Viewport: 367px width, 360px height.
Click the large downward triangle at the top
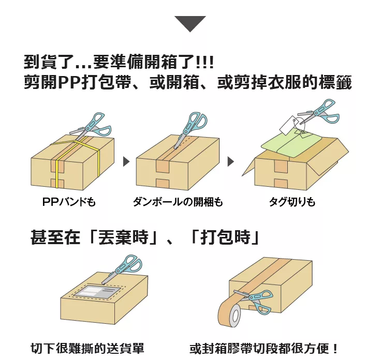[190, 23]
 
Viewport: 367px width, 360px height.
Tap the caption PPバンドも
[69, 202]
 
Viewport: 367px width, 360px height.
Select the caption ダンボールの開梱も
[178, 202]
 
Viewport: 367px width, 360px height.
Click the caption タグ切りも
[292, 202]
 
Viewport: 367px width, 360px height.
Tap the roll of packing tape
[229, 312]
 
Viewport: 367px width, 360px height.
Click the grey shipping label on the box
[98, 291]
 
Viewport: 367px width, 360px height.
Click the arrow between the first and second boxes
[126, 161]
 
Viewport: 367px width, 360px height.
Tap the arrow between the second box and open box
[230, 161]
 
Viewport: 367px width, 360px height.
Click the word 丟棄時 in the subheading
[123, 237]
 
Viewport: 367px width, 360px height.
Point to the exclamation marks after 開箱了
[204, 62]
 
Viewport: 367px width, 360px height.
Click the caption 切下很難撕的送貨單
[87, 348]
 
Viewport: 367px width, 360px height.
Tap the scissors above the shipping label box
[122, 269]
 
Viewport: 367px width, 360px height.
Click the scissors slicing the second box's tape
[191, 129]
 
